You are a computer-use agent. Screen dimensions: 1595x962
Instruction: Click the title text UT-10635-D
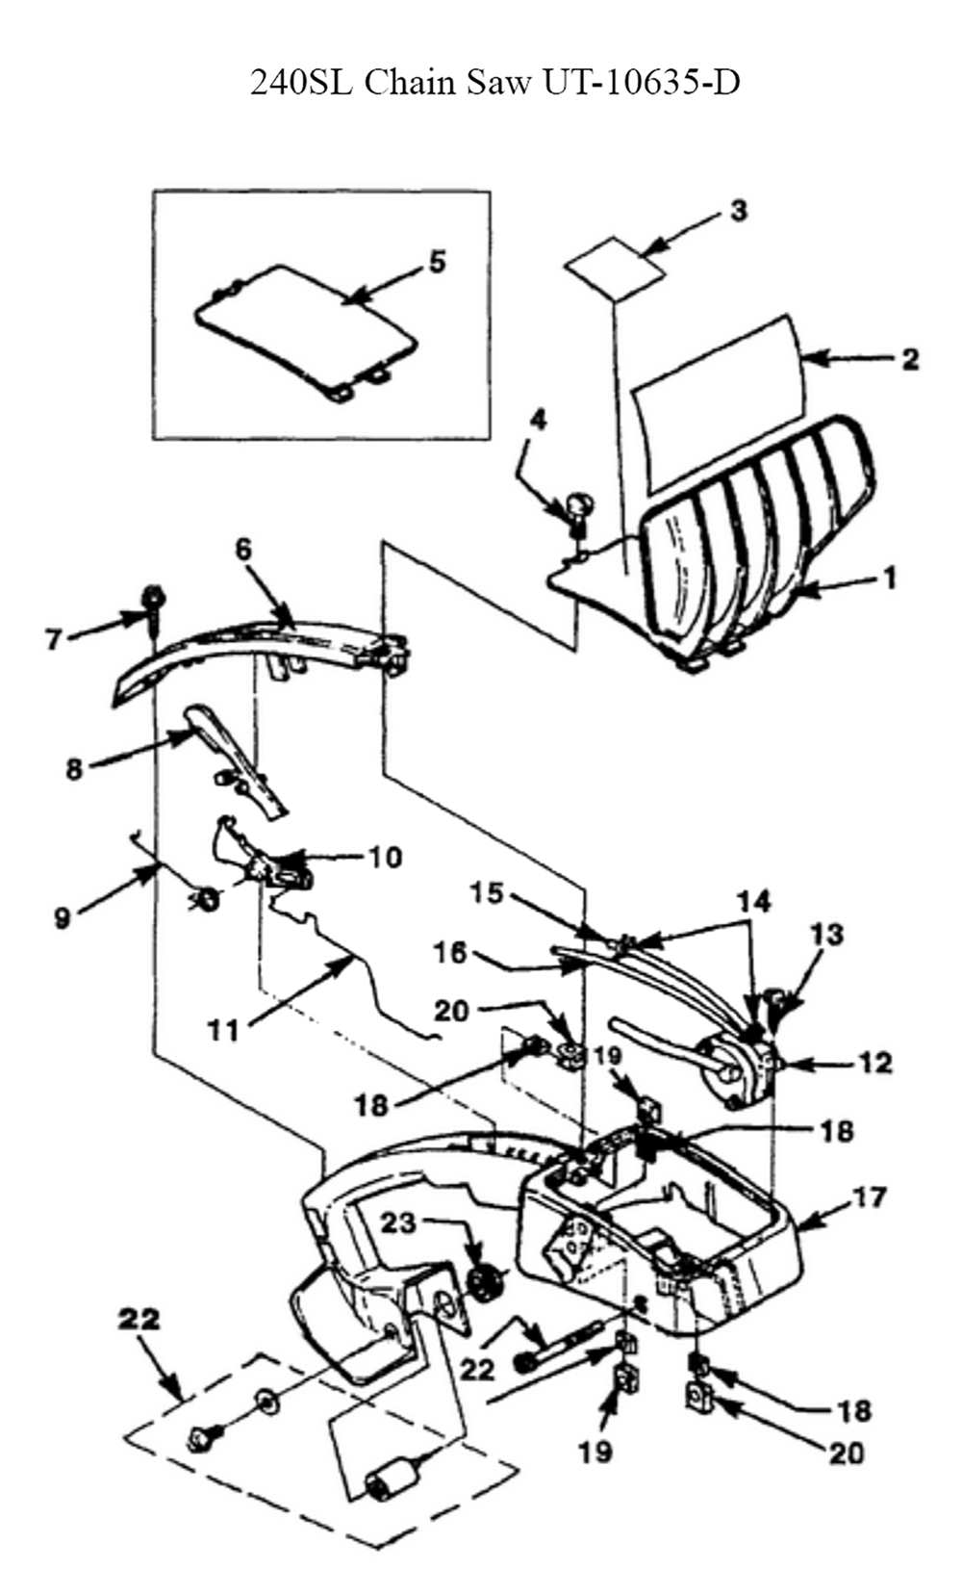click(642, 83)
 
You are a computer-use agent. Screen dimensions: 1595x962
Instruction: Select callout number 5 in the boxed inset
click(437, 261)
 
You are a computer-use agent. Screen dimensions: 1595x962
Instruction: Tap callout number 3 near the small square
click(738, 211)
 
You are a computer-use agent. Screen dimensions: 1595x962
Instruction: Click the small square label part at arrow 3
click(615, 264)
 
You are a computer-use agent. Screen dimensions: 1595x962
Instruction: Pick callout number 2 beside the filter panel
click(909, 359)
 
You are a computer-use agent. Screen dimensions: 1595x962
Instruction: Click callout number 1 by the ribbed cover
click(890, 578)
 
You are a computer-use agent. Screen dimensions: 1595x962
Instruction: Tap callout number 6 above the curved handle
click(243, 549)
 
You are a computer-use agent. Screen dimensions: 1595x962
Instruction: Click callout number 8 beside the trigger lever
click(74, 769)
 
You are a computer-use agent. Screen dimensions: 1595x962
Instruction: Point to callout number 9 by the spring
click(62, 917)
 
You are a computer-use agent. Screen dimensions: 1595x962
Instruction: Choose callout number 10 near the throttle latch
click(385, 856)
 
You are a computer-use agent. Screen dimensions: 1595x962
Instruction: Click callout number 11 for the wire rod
click(223, 1030)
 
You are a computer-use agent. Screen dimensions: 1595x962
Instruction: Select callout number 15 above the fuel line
click(488, 893)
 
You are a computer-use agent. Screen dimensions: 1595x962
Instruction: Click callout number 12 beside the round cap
click(876, 1063)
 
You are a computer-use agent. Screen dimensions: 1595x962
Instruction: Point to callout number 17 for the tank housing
click(868, 1199)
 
